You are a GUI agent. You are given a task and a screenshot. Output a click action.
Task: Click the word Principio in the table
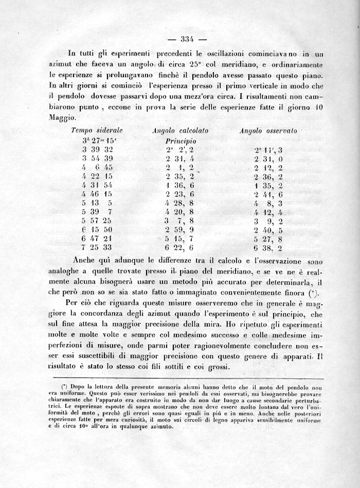pyautogui.click(x=182, y=140)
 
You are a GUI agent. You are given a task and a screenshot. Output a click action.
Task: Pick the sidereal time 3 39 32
pyautogui.click(x=98, y=149)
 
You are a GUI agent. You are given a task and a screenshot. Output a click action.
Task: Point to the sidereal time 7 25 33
pyautogui.click(x=98, y=247)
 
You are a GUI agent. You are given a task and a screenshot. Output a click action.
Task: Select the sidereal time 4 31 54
pyautogui.click(x=98, y=185)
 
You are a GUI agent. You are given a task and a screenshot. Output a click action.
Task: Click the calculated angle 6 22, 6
pyautogui.click(x=179, y=247)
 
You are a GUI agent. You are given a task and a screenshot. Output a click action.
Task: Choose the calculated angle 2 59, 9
pyautogui.click(x=179, y=229)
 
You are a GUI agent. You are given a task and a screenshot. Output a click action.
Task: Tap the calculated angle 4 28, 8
pyautogui.click(x=179, y=203)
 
